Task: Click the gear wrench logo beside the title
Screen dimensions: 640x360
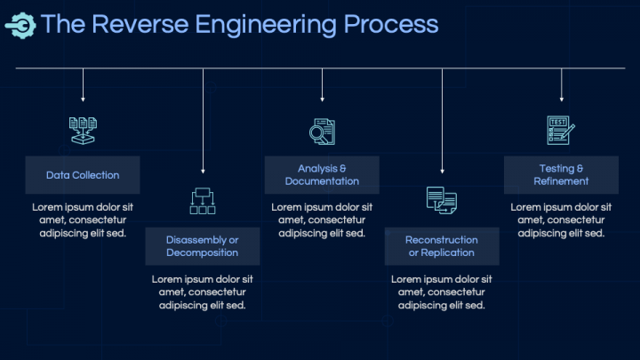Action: click(x=20, y=26)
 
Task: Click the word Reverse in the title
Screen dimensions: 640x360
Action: click(x=140, y=24)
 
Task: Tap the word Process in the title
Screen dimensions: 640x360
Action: click(x=390, y=24)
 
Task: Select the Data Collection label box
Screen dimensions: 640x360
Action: click(x=83, y=175)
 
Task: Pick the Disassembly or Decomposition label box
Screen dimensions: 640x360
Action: click(x=203, y=246)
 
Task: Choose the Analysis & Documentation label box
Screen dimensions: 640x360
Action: click(x=322, y=175)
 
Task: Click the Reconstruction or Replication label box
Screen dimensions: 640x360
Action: click(x=442, y=246)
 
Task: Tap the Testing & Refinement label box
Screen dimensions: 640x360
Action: click(x=561, y=175)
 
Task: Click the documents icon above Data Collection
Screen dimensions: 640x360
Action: click(x=83, y=131)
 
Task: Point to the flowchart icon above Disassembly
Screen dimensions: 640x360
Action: click(x=203, y=201)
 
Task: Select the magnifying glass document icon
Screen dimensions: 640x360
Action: click(x=322, y=132)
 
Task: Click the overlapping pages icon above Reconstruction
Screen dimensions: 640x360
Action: click(x=442, y=200)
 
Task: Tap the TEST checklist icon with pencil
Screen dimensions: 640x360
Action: click(x=561, y=130)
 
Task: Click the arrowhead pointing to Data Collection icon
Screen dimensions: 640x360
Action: click(x=83, y=100)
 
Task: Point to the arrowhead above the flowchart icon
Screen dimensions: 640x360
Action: click(x=203, y=172)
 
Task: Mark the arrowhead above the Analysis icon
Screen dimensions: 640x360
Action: click(x=322, y=100)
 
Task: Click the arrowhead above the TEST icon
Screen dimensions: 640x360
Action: click(x=562, y=100)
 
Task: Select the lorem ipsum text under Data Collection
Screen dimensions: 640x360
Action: click(x=83, y=220)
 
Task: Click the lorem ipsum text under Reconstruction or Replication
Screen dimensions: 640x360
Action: click(x=442, y=292)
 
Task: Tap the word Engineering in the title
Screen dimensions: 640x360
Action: click(x=266, y=25)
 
